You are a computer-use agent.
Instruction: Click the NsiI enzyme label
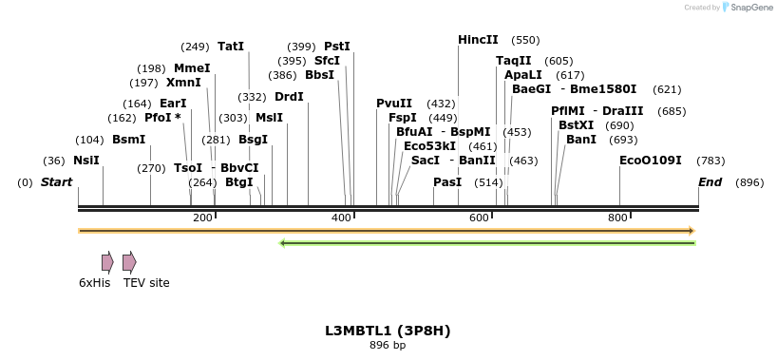click(85, 161)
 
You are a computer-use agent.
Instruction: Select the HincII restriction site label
click(478, 40)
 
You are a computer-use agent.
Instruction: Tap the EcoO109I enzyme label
click(650, 161)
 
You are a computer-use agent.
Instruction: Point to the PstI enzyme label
click(337, 46)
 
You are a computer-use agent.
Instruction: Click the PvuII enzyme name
click(394, 103)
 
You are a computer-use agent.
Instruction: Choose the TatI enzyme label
click(231, 46)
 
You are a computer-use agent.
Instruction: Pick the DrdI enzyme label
click(289, 96)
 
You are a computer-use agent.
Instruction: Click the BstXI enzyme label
click(576, 124)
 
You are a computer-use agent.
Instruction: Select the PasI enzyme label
click(447, 181)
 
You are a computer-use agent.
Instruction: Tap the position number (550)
click(525, 40)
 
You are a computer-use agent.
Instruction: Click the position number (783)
click(711, 161)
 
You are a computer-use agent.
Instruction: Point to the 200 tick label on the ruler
click(202, 218)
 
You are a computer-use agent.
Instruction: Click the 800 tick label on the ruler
click(617, 218)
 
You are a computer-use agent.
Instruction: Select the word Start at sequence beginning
click(56, 181)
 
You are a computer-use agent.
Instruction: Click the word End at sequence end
click(710, 181)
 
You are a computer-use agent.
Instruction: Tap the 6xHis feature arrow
click(107, 262)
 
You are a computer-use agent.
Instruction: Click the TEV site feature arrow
click(129, 262)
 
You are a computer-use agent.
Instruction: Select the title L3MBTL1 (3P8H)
click(388, 331)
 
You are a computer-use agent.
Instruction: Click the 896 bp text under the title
click(388, 345)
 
